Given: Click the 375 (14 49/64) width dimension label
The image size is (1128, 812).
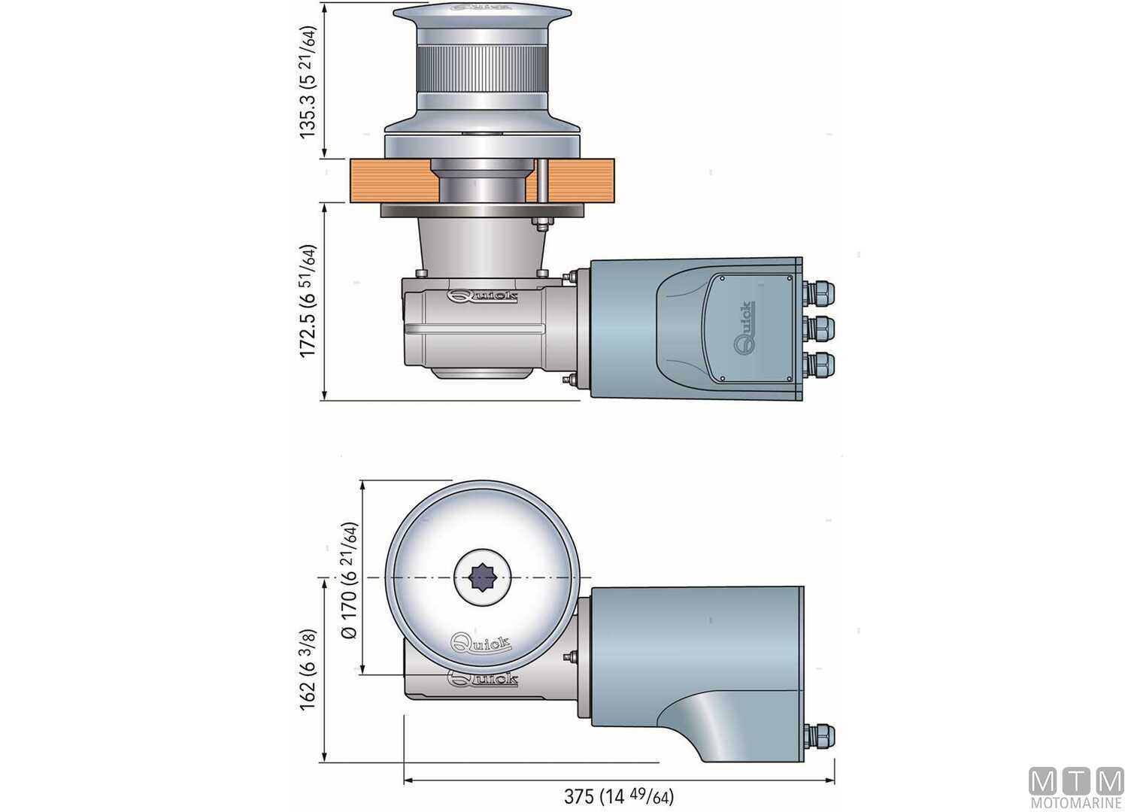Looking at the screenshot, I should [618, 796].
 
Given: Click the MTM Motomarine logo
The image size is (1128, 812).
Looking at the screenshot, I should [1075, 788].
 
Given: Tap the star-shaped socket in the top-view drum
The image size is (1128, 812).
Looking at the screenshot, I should [481, 578].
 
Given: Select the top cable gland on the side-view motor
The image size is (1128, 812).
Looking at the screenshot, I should [818, 292].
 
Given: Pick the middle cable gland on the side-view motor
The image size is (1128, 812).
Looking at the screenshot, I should [818, 329].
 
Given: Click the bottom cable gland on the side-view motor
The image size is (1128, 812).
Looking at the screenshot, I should [818, 365].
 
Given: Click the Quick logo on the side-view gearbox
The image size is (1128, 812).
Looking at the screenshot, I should [482, 296].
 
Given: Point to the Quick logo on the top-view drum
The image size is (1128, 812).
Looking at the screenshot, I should [480, 644].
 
